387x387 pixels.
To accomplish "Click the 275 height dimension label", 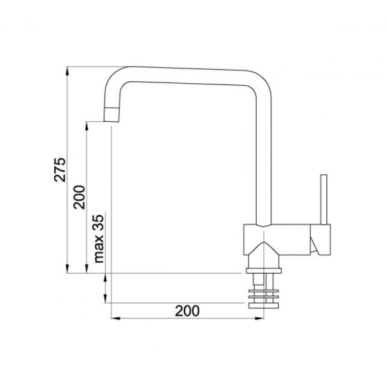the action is [60, 170].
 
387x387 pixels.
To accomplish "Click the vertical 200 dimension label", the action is [79, 197].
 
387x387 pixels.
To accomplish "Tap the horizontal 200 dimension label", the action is [187, 311].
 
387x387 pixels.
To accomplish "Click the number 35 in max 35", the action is [99, 223].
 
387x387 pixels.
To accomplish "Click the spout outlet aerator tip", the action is [112, 115].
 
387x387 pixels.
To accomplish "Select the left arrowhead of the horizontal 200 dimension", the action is [115, 319].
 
